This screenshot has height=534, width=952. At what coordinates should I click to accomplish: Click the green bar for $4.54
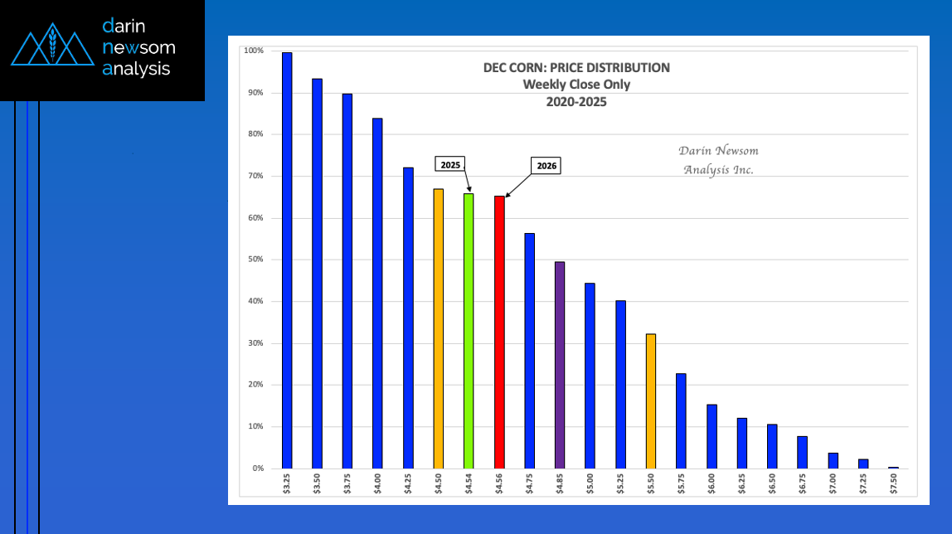pos(469,331)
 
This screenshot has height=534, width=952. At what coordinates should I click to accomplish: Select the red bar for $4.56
pos(499,332)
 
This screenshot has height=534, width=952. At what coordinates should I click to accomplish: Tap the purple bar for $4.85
pos(560,365)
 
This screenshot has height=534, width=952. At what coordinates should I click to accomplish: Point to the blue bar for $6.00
pos(712,436)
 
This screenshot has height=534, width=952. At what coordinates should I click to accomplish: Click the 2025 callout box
pos(450,165)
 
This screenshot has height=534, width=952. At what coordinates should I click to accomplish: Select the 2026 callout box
pos(546,166)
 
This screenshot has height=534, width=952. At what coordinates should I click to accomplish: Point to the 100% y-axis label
pos(253,51)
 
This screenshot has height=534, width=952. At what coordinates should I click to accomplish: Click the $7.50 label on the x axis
pos(893,483)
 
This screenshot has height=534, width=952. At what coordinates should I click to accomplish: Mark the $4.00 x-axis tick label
pos(377,483)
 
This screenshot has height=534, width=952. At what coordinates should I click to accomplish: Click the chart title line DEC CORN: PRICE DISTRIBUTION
pos(576,68)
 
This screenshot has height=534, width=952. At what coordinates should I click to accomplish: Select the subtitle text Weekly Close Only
pos(576,85)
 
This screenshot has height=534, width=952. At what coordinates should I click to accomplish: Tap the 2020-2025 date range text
pos(576,101)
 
